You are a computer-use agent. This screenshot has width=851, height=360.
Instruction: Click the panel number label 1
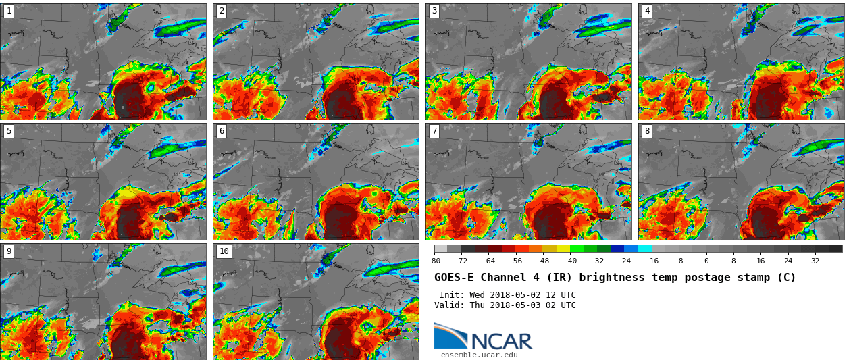click(x=9, y=11)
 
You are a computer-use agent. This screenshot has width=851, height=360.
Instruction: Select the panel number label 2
click(x=222, y=11)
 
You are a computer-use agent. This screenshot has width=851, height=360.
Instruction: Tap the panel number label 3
click(x=434, y=11)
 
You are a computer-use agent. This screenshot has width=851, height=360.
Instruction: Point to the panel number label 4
click(x=647, y=11)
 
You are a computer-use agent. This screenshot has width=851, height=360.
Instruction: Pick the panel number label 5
click(x=9, y=131)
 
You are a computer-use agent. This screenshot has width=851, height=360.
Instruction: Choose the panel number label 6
click(x=222, y=131)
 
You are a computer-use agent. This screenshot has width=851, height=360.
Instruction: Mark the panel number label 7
click(x=434, y=131)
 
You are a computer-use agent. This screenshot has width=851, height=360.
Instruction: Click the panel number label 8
click(x=647, y=131)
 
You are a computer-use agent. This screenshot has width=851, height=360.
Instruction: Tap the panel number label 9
click(x=9, y=251)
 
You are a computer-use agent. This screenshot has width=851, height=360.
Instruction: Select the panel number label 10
click(x=224, y=251)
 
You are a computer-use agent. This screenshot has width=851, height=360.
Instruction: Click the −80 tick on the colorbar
click(x=434, y=261)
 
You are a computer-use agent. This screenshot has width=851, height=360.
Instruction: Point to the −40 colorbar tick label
click(x=570, y=261)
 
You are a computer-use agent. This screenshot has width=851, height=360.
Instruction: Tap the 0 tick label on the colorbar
click(x=706, y=261)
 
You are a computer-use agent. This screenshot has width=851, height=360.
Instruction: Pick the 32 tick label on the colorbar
click(x=815, y=261)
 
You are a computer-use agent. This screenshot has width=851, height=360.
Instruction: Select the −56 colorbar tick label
click(x=515, y=261)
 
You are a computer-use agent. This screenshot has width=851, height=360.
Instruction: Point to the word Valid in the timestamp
click(x=448, y=305)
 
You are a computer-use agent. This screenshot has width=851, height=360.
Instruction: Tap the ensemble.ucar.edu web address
click(x=480, y=355)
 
